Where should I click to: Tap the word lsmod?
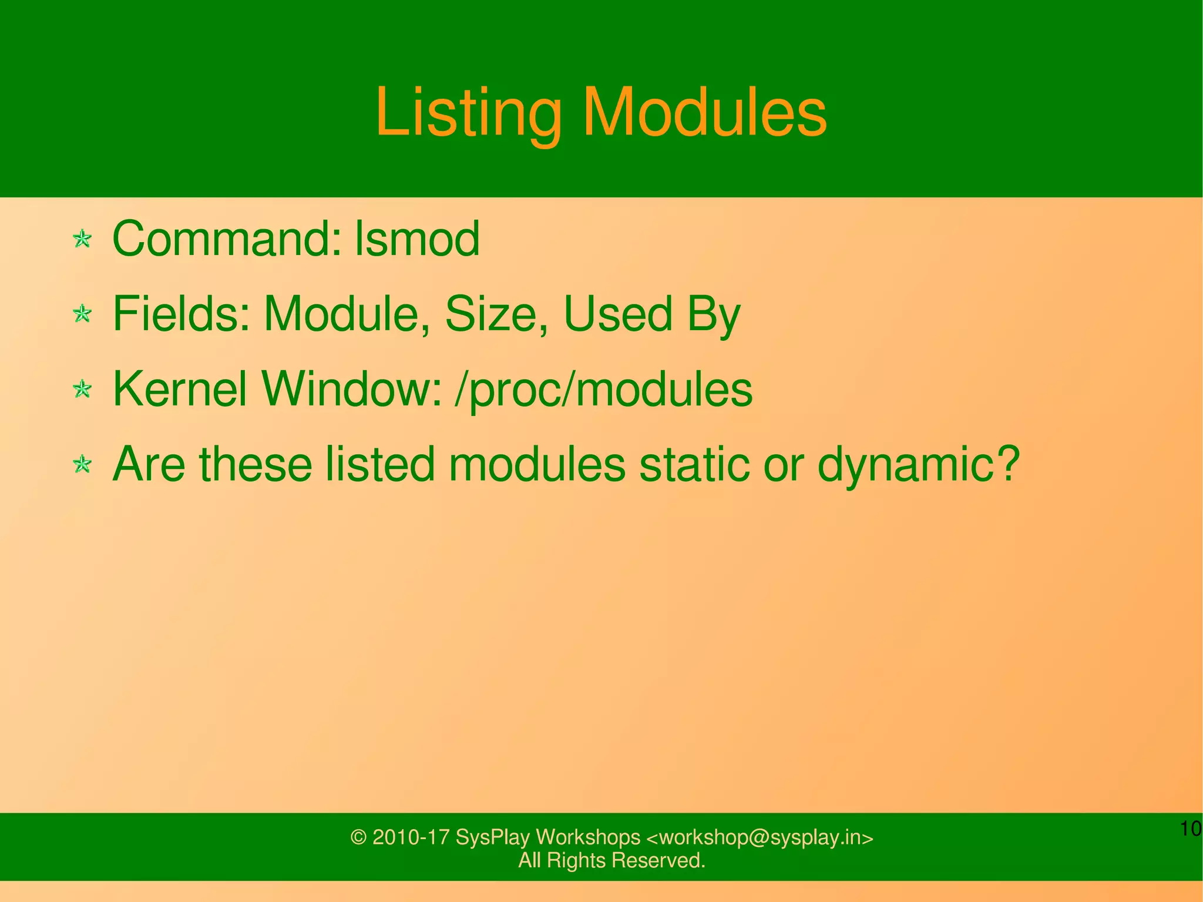point(417,239)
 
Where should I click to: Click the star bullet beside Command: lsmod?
point(82,239)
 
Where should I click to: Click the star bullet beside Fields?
point(82,314)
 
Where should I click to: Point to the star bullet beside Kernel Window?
point(82,389)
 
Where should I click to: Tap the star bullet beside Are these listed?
point(82,465)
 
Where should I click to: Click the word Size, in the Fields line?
point(497,314)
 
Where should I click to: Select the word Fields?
point(182,314)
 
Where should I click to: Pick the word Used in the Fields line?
point(617,314)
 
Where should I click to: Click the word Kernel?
point(179,389)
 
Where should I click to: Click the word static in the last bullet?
point(694,464)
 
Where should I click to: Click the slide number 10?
point(1190,829)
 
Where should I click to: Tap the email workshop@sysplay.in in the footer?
point(760,837)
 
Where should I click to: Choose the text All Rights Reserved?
point(611,860)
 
